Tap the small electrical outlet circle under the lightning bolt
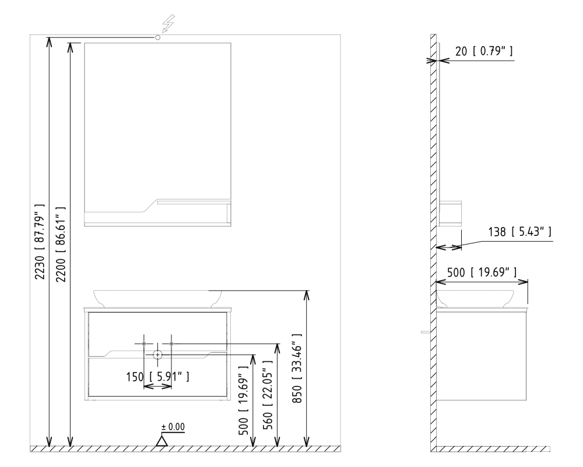coord(158,37)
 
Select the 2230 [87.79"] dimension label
coord(39,242)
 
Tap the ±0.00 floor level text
coord(173,427)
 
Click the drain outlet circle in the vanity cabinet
coord(158,355)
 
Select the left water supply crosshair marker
coord(144,344)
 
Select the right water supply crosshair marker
coord(171,344)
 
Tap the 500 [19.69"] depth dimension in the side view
coord(481,271)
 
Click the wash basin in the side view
coord(475,298)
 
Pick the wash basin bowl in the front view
coord(157,298)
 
